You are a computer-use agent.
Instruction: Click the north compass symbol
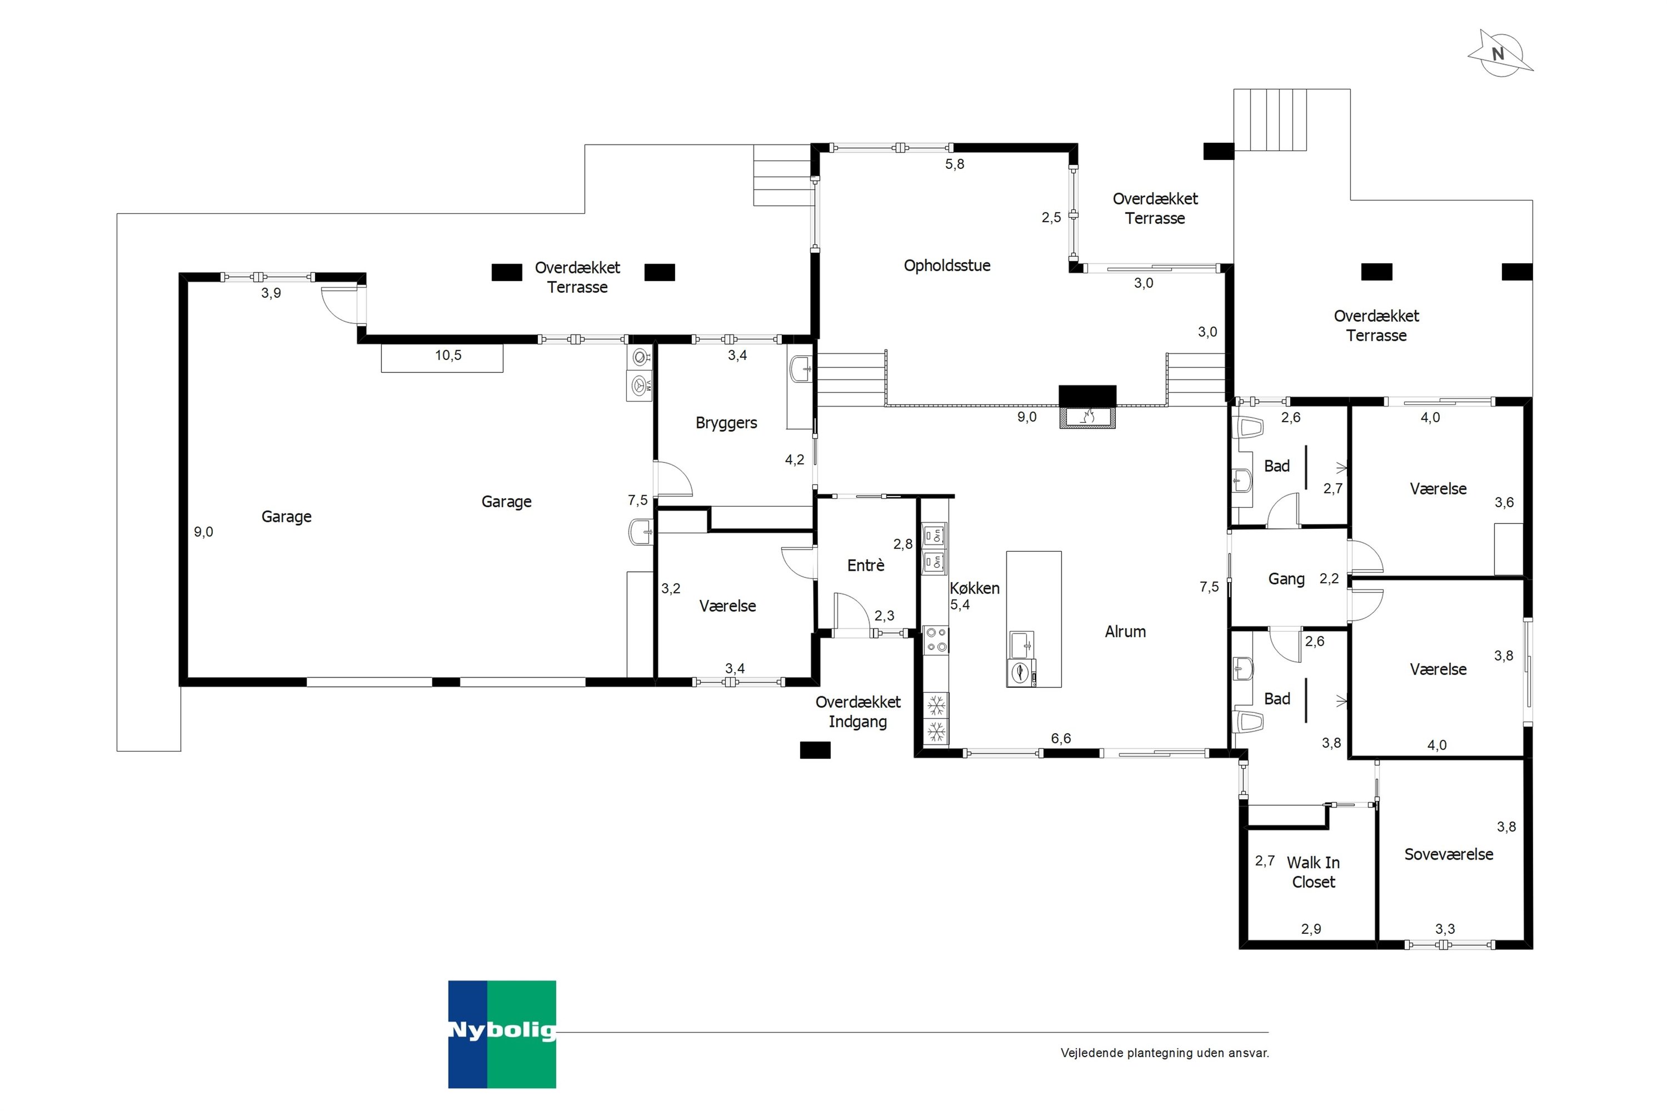[1500, 54]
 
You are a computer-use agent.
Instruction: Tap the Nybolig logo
[502, 1034]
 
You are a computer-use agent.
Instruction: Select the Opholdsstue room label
[947, 266]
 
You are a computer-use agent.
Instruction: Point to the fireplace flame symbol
[1087, 416]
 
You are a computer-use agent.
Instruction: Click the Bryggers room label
[726, 423]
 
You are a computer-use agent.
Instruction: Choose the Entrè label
[865, 565]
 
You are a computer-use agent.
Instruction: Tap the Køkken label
[975, 588]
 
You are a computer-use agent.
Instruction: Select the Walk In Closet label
[1312, 872]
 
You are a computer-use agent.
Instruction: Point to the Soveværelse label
[1449, 854]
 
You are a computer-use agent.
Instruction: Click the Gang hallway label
[1286, 579]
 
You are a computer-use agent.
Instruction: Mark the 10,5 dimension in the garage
[448, 356]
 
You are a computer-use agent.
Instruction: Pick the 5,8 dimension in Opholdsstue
[955, 164]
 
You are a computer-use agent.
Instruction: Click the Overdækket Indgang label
[857, 712]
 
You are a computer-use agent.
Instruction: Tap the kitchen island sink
[1021, 645]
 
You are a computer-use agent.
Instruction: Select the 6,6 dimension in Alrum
[1060, 739]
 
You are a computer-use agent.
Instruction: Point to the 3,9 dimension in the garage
[271, 293]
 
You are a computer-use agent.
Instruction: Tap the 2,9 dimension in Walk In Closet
[1310, 929]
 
